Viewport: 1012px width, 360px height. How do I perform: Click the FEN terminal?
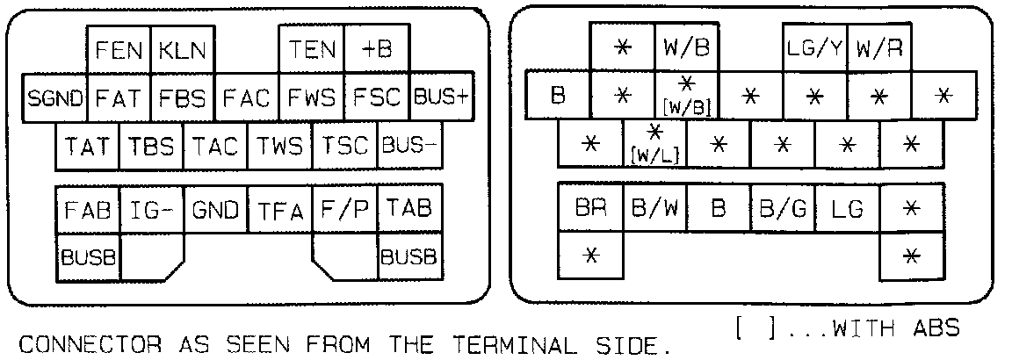(119, 50)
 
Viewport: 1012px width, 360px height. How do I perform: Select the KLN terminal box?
(183, 50)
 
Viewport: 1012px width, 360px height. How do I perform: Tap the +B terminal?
(376, 50)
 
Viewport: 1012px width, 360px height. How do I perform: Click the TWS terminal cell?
(279, 145)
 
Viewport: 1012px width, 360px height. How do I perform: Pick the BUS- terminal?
(408, 145)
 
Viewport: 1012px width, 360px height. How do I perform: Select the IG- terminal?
(151, 210)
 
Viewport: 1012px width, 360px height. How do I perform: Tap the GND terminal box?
(215, 210)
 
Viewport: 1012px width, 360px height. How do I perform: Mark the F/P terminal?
(343, 210)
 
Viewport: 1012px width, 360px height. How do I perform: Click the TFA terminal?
(279, 210)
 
